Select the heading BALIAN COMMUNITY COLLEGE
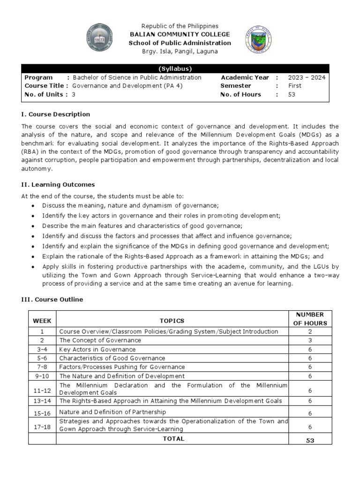click(180, 34)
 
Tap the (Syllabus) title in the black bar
click(179, 68)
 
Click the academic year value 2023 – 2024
click(307, 77)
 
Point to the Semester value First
click(295, 86)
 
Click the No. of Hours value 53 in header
click(292, 94)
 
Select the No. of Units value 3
click(74, 94)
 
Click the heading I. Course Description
click(56, 114)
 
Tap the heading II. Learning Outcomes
click(58, 185)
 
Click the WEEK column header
click(42, 321)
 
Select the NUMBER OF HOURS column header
click(310, 318)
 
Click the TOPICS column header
click(172, 321)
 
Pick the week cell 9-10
click(42, 376)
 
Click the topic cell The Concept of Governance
click(100, 340)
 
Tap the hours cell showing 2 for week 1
click(310, 331)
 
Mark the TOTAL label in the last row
click(173, 439)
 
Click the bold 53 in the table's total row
click(310, 440)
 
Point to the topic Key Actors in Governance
click(97, 349)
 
